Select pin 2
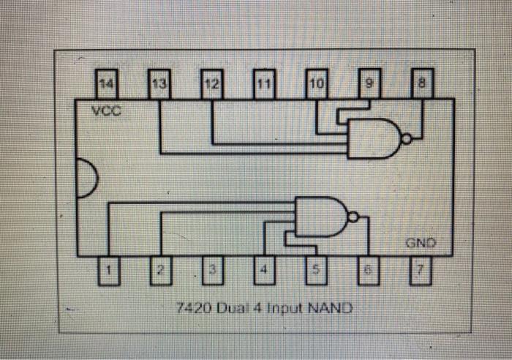(x=160, y=271)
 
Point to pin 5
(x=317, y=271)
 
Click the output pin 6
(x=369, y=271)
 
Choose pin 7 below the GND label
(x=422, y=271)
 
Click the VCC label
(x=108, y=113)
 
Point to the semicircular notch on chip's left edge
(x=85, y=178)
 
